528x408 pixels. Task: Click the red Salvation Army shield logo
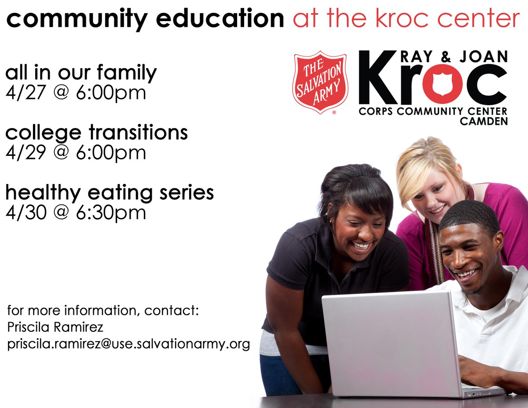320,82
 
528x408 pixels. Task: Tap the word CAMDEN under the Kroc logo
484,121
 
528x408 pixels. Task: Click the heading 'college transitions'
96,132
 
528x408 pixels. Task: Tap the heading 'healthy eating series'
110,192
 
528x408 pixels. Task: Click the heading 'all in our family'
81,72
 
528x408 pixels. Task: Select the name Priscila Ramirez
55,327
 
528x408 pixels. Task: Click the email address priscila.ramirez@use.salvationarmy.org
128,343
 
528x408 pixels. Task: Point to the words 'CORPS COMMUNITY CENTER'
433,111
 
